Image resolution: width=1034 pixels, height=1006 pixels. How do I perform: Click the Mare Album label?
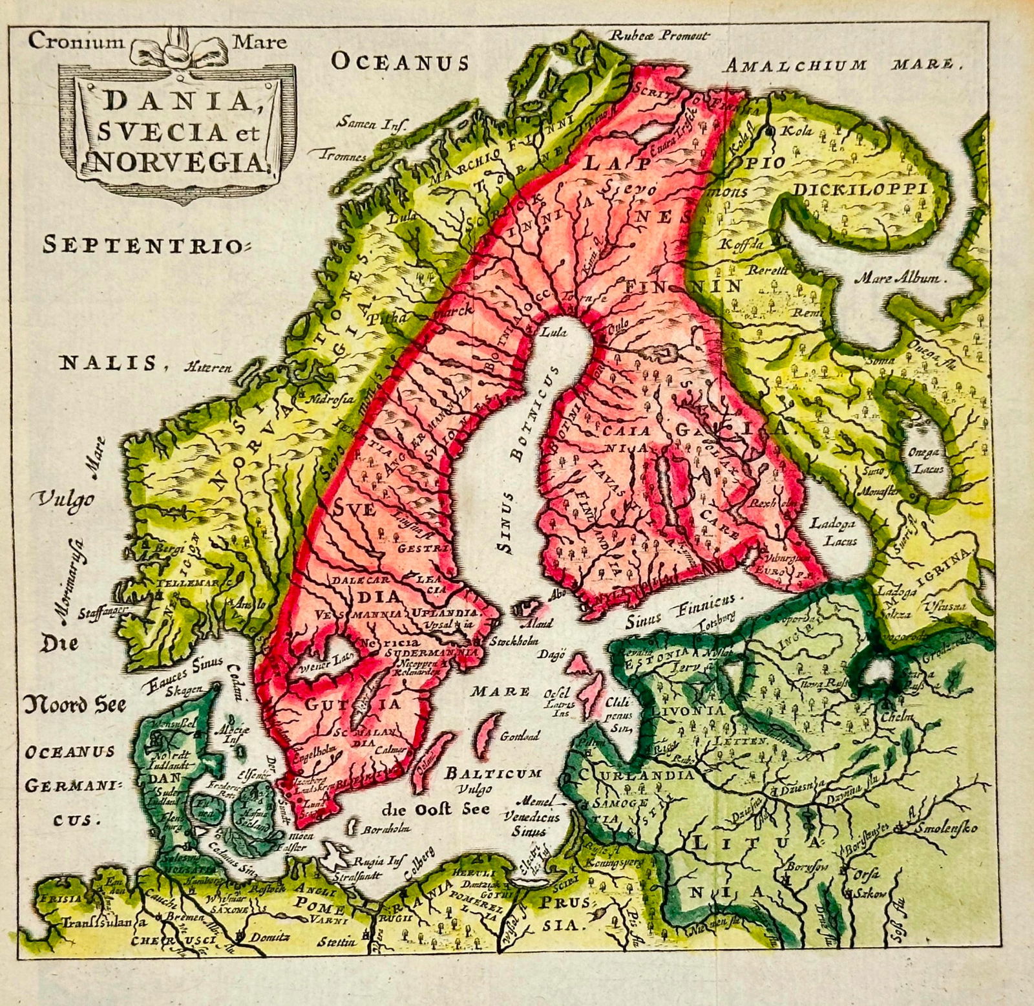click(902, 279)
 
